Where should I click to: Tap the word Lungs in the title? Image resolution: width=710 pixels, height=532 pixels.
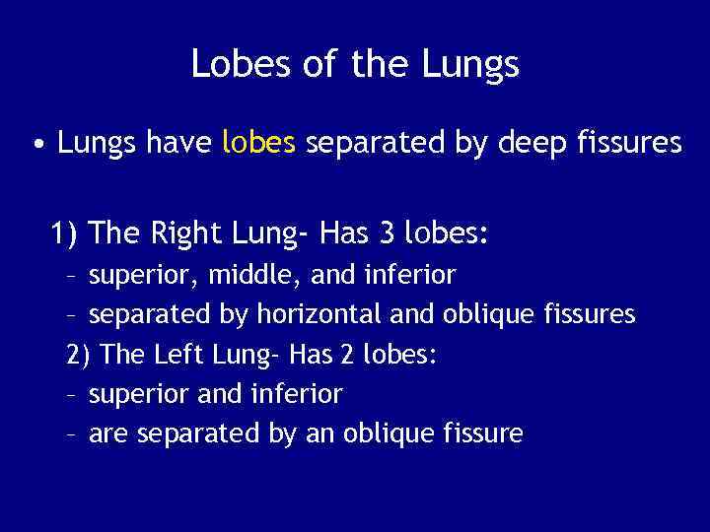[471, 65]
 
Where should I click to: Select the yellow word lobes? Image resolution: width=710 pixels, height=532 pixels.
[259, 144]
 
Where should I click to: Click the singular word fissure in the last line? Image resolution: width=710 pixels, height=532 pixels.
[482, 433]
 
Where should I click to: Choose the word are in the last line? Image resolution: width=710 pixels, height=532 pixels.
[108, 433]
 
